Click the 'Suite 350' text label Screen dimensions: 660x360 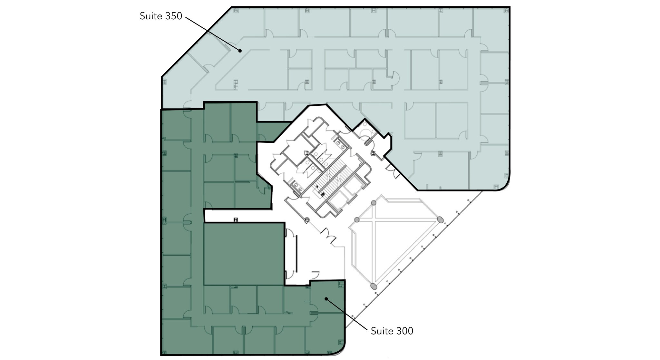tap(161, 16)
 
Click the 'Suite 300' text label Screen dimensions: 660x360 tap(392, 331)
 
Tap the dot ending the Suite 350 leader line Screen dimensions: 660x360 tap(240, 51)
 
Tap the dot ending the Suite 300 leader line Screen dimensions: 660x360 tap(326, 299)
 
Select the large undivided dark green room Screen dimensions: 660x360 tap(244, 254)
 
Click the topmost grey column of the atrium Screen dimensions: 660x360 tap(374, 203)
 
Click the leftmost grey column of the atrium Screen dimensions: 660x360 tap(357, 219)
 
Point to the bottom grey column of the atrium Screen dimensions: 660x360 tap(373, 286)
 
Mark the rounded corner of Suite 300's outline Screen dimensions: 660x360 tap(338, 348)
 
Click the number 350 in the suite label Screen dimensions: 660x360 tap(174, 16)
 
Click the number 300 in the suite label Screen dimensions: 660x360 tap(405, 331)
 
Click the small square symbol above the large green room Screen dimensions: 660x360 tap(236, 220)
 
